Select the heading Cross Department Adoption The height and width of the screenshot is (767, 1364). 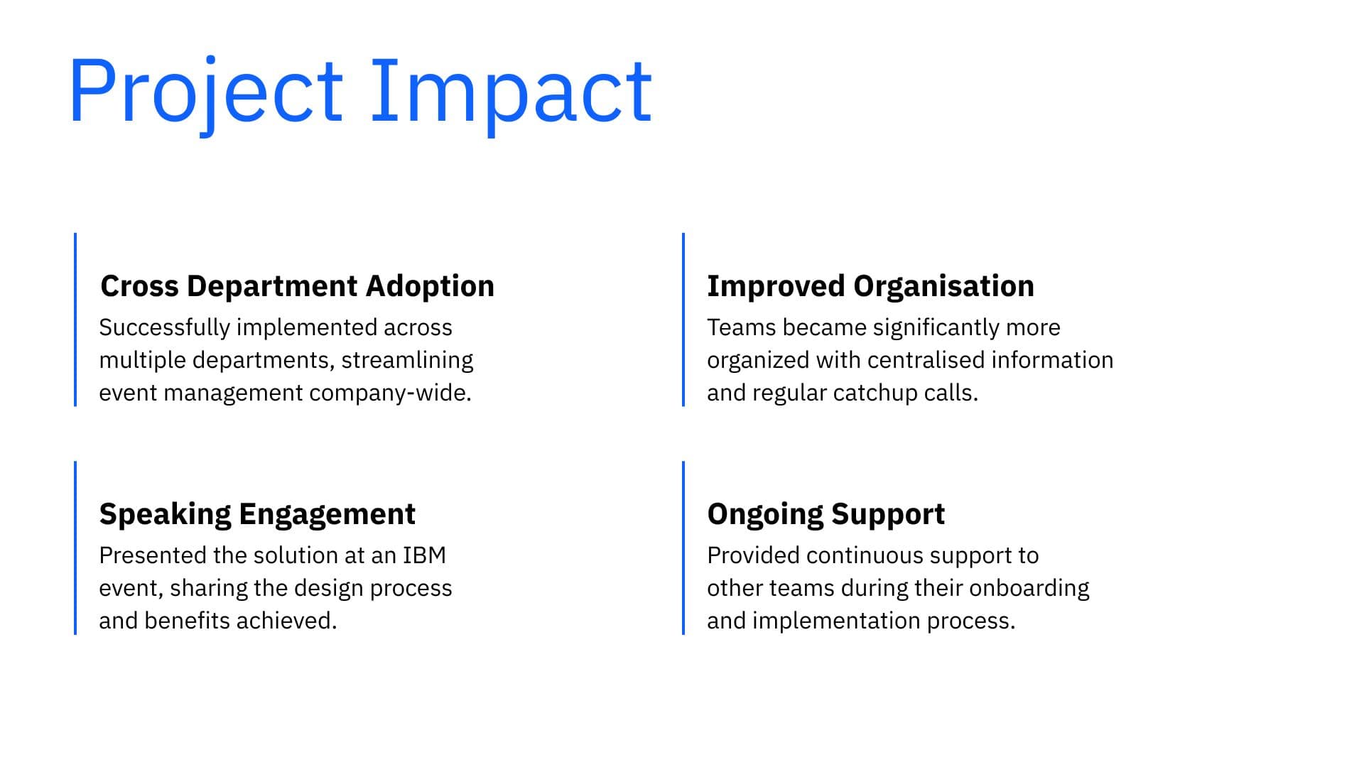click(297, 286)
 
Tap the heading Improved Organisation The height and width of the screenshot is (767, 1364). click(870, 286)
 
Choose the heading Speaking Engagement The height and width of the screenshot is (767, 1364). click(257, 514)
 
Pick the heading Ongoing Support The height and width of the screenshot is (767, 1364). click(826, 514)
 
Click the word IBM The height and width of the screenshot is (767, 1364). click(424, 555)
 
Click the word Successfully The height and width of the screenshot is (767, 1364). click(164, 328)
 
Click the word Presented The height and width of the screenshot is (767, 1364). click(153, 555)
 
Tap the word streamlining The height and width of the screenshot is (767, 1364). click(407, 361)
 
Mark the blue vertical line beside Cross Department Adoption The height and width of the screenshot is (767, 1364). click(75, 320)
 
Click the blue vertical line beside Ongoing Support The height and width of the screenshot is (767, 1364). click(683, 548)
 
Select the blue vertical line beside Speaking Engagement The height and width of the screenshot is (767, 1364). click(75, 548)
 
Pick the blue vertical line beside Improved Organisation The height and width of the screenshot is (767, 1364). click(683, 320)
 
